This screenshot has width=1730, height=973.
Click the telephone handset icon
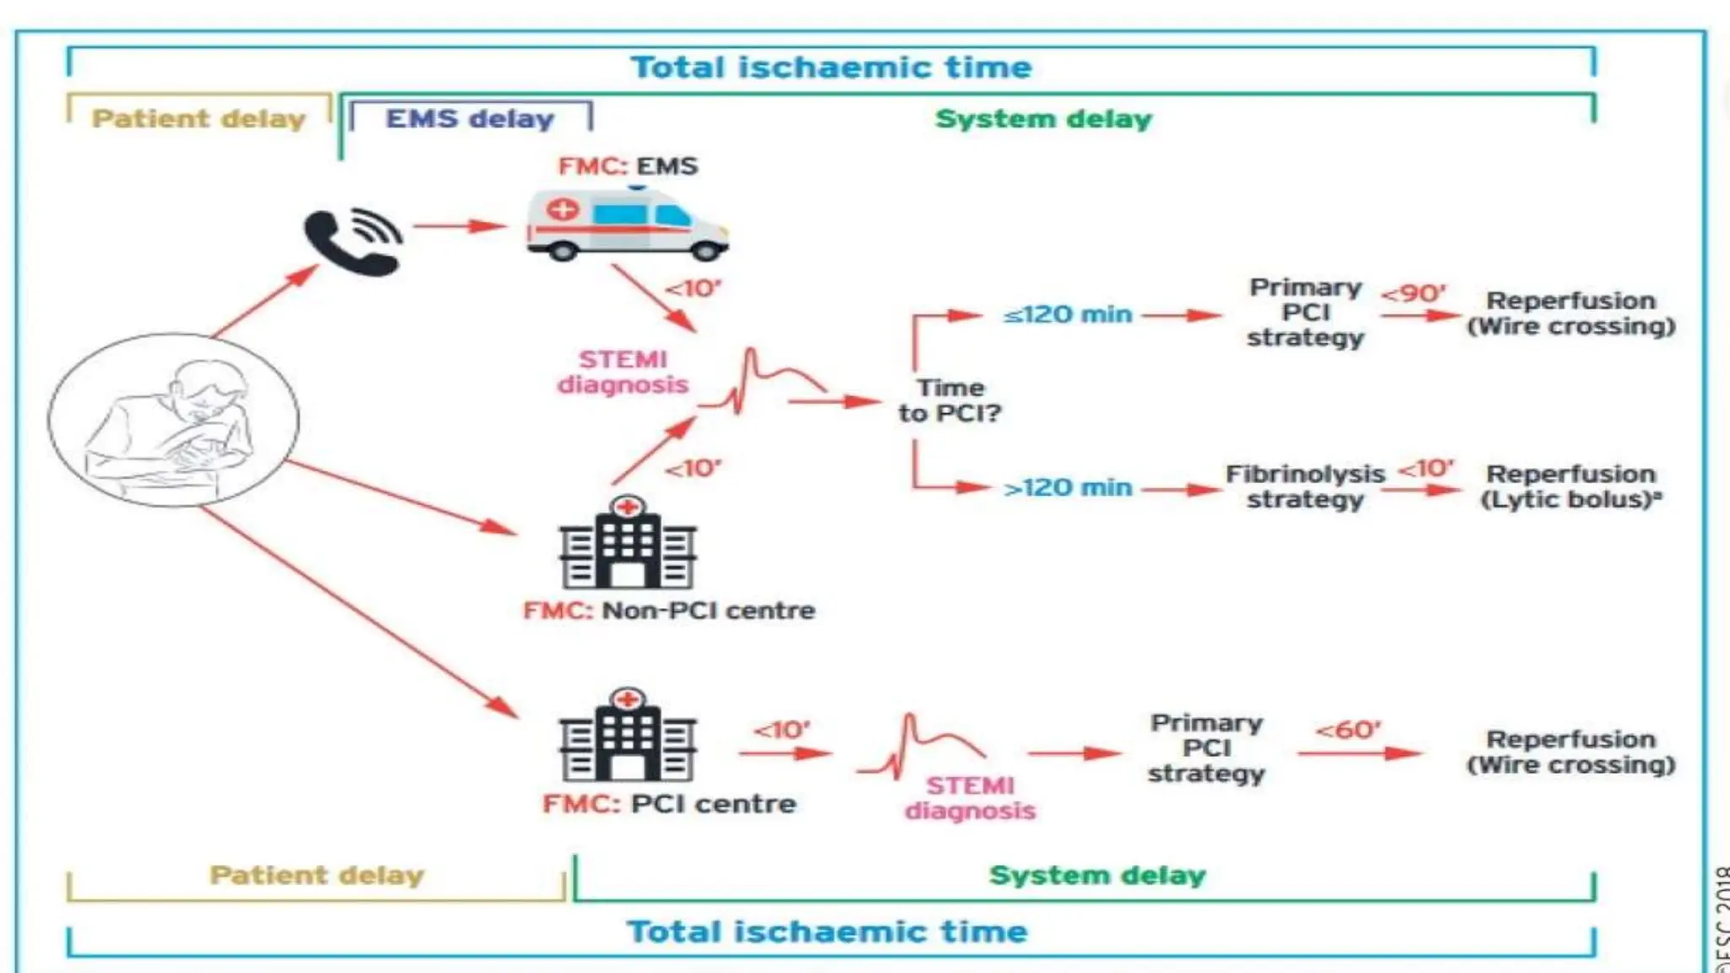(x=351, y=242)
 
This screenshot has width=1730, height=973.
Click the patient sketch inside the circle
(x=173, y=420)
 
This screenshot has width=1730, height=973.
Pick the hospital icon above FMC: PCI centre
(x=627, y=736)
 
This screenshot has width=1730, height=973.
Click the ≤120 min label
(x=1067, y=315)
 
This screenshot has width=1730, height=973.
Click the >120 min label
(x=1067, y=488)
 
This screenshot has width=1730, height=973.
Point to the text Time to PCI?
(x=950, y=400)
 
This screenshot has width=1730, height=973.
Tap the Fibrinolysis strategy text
(x=1305, y=486)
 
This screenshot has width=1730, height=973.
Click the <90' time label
(x=1413, y=294)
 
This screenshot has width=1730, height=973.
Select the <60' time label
(x=1348, y=730)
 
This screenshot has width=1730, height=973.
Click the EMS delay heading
(x=470, y=119)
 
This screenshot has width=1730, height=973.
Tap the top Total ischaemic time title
(x=831, y=68)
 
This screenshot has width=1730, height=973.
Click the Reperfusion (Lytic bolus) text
(x=1570, y=486)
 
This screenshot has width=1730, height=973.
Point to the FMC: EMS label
(x=628, y=166)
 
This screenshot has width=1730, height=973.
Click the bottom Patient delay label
(x=317, y=875)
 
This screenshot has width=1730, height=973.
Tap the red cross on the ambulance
(x=563, y=209)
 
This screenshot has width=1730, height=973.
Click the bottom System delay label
(x=1097, y=875)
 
